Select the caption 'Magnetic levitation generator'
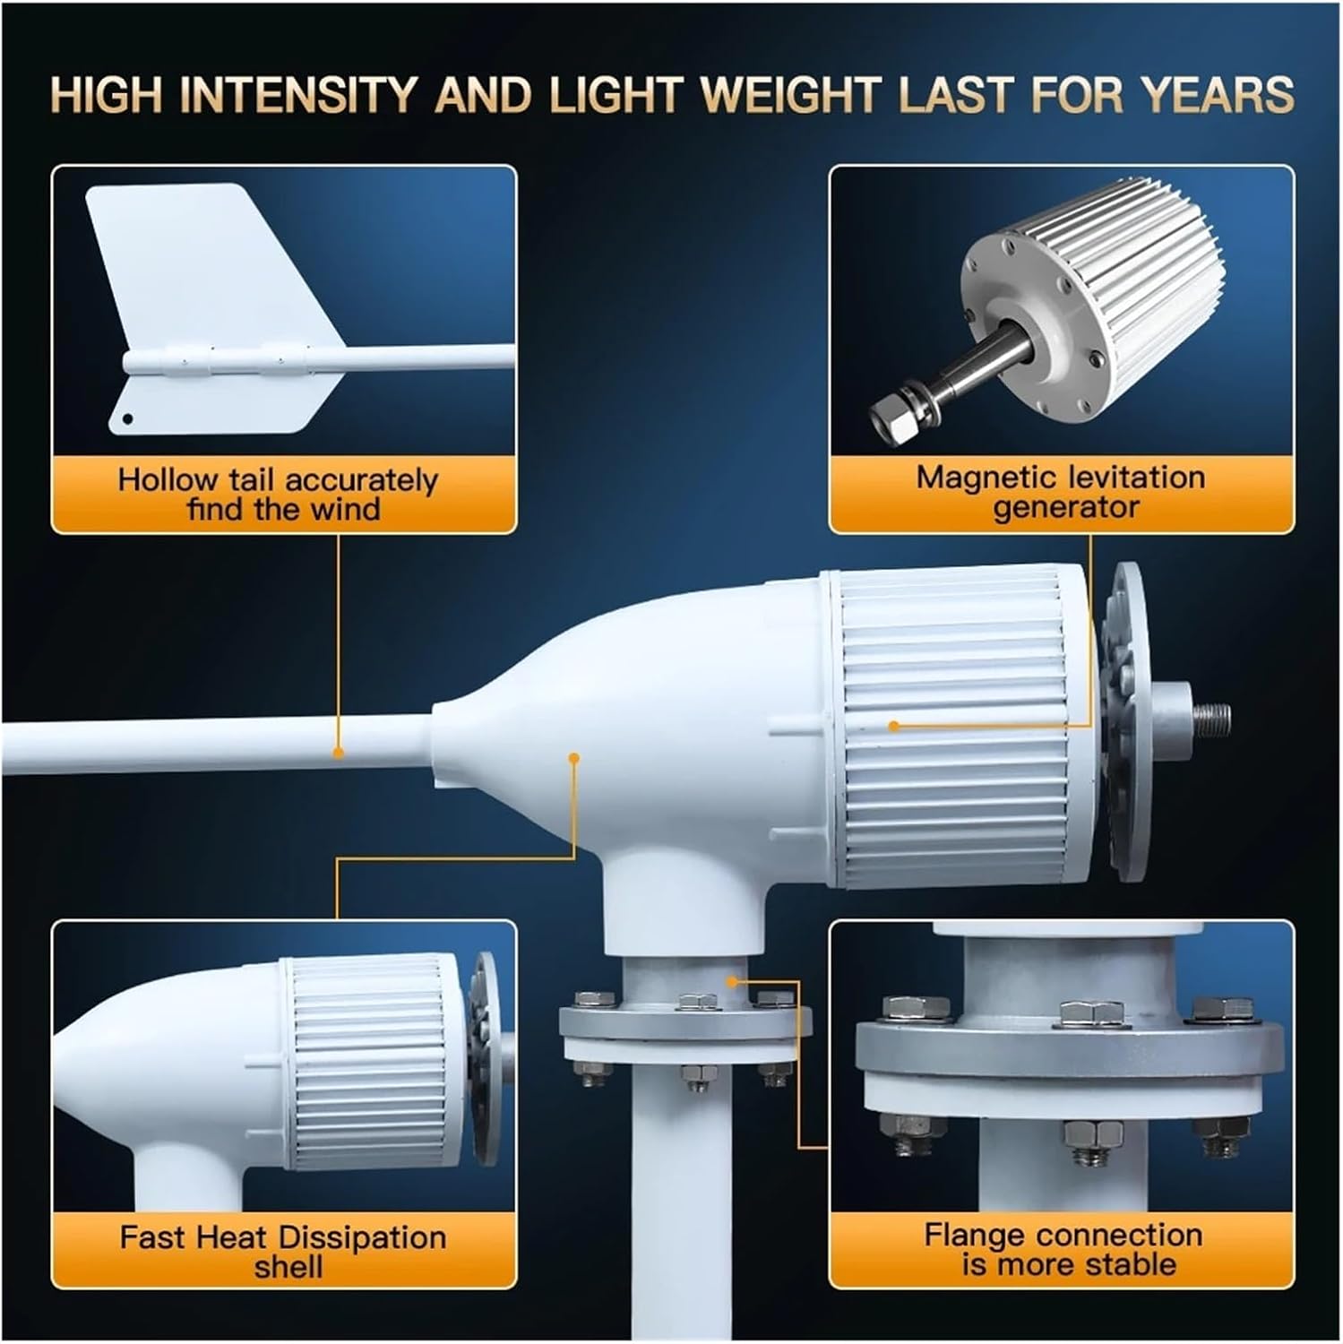[x=1062, y=492]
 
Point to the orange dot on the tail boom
[x=338, y=753]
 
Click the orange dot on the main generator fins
[x=893, y=726]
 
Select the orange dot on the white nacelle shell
[x=574, y=758]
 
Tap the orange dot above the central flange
[x=733, y=981]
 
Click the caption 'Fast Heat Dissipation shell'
[x=282, y=1252]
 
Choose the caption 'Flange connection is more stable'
[x=1063, y=1249]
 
